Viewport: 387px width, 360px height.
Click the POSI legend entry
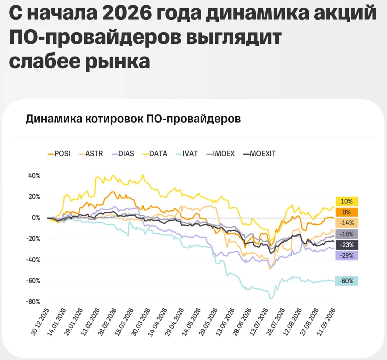tap(59, 153)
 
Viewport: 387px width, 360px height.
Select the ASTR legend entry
tap(91, 153)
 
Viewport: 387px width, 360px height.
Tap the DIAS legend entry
tap(123, 153)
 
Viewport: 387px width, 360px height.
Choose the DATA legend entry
tap(155, 153)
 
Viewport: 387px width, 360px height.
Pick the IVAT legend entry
tap(187, 153)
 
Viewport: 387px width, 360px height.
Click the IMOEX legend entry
tap(221, 153)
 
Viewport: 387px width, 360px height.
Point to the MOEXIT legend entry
tap(259, 153)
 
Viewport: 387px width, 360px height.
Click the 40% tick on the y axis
tap(34, 176)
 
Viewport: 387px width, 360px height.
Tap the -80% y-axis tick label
tap(33, 302)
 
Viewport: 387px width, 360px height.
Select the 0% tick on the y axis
tap(36, 218)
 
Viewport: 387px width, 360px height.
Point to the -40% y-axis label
tap(33, 260)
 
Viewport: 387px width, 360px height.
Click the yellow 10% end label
tap(347, 201)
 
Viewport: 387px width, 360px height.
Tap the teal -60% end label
tap(347, 281)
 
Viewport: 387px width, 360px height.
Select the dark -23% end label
tap(347, 245)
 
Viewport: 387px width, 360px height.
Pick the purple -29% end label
tap(347, 256)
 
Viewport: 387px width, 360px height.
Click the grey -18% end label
tap(347, 234)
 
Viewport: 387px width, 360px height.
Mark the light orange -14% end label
tap(347, 223)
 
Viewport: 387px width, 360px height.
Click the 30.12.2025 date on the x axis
tap(40, 322)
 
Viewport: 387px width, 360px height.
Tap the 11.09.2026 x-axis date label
tap(326, 322)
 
